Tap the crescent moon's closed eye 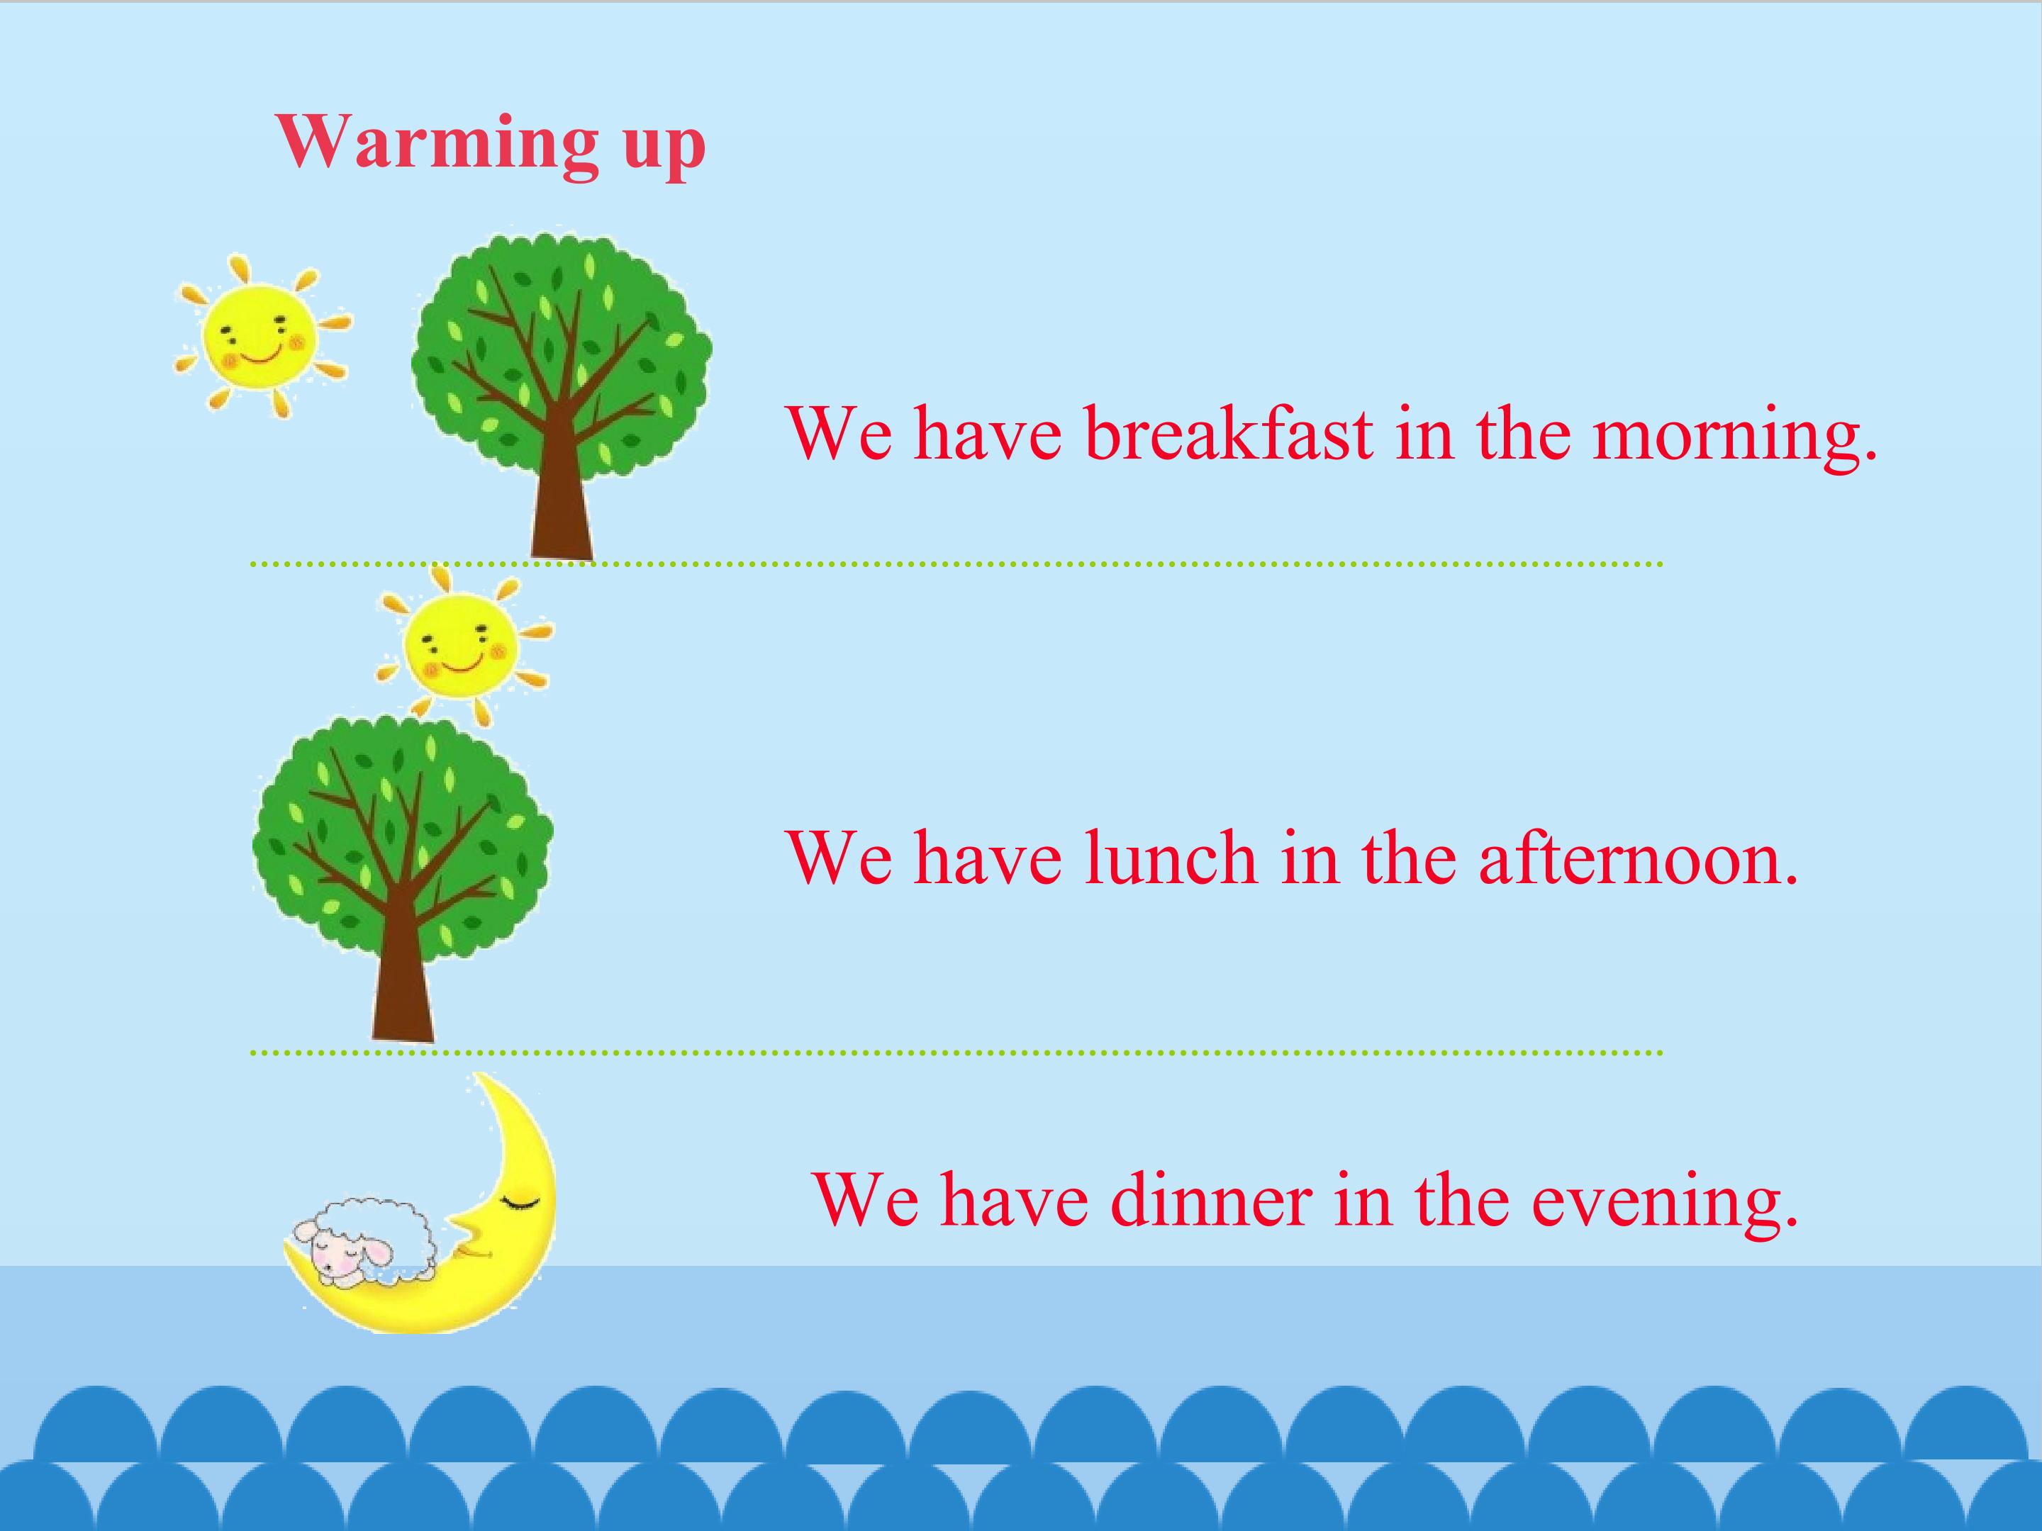[520, 1201]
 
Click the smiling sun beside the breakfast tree [260, 336]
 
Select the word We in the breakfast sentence [840, 434]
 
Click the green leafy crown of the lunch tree [403, 835]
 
